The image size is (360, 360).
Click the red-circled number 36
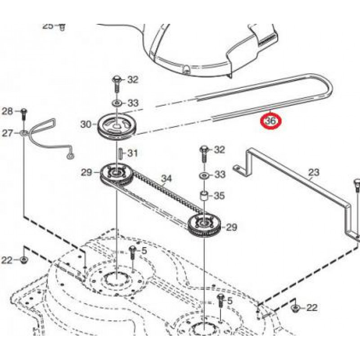tap(271, 121)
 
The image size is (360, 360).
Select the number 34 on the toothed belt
tap(166, 179)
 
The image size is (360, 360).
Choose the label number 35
tap(219, 196)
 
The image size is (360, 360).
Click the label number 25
tap(48, 26)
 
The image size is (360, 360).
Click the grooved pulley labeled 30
tap(117, 126)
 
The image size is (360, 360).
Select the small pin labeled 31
tap(120, 153)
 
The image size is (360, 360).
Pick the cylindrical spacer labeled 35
tap(203, 197)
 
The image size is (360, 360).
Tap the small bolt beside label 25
tap(63, 26)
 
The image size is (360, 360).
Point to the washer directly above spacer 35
tap(203, 174)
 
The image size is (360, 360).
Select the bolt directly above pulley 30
tap(116, 83)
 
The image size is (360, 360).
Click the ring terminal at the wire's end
tap(70, 156)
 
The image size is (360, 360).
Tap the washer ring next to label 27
tap(22, 133)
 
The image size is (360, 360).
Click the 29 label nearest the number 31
tap(86, 172)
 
